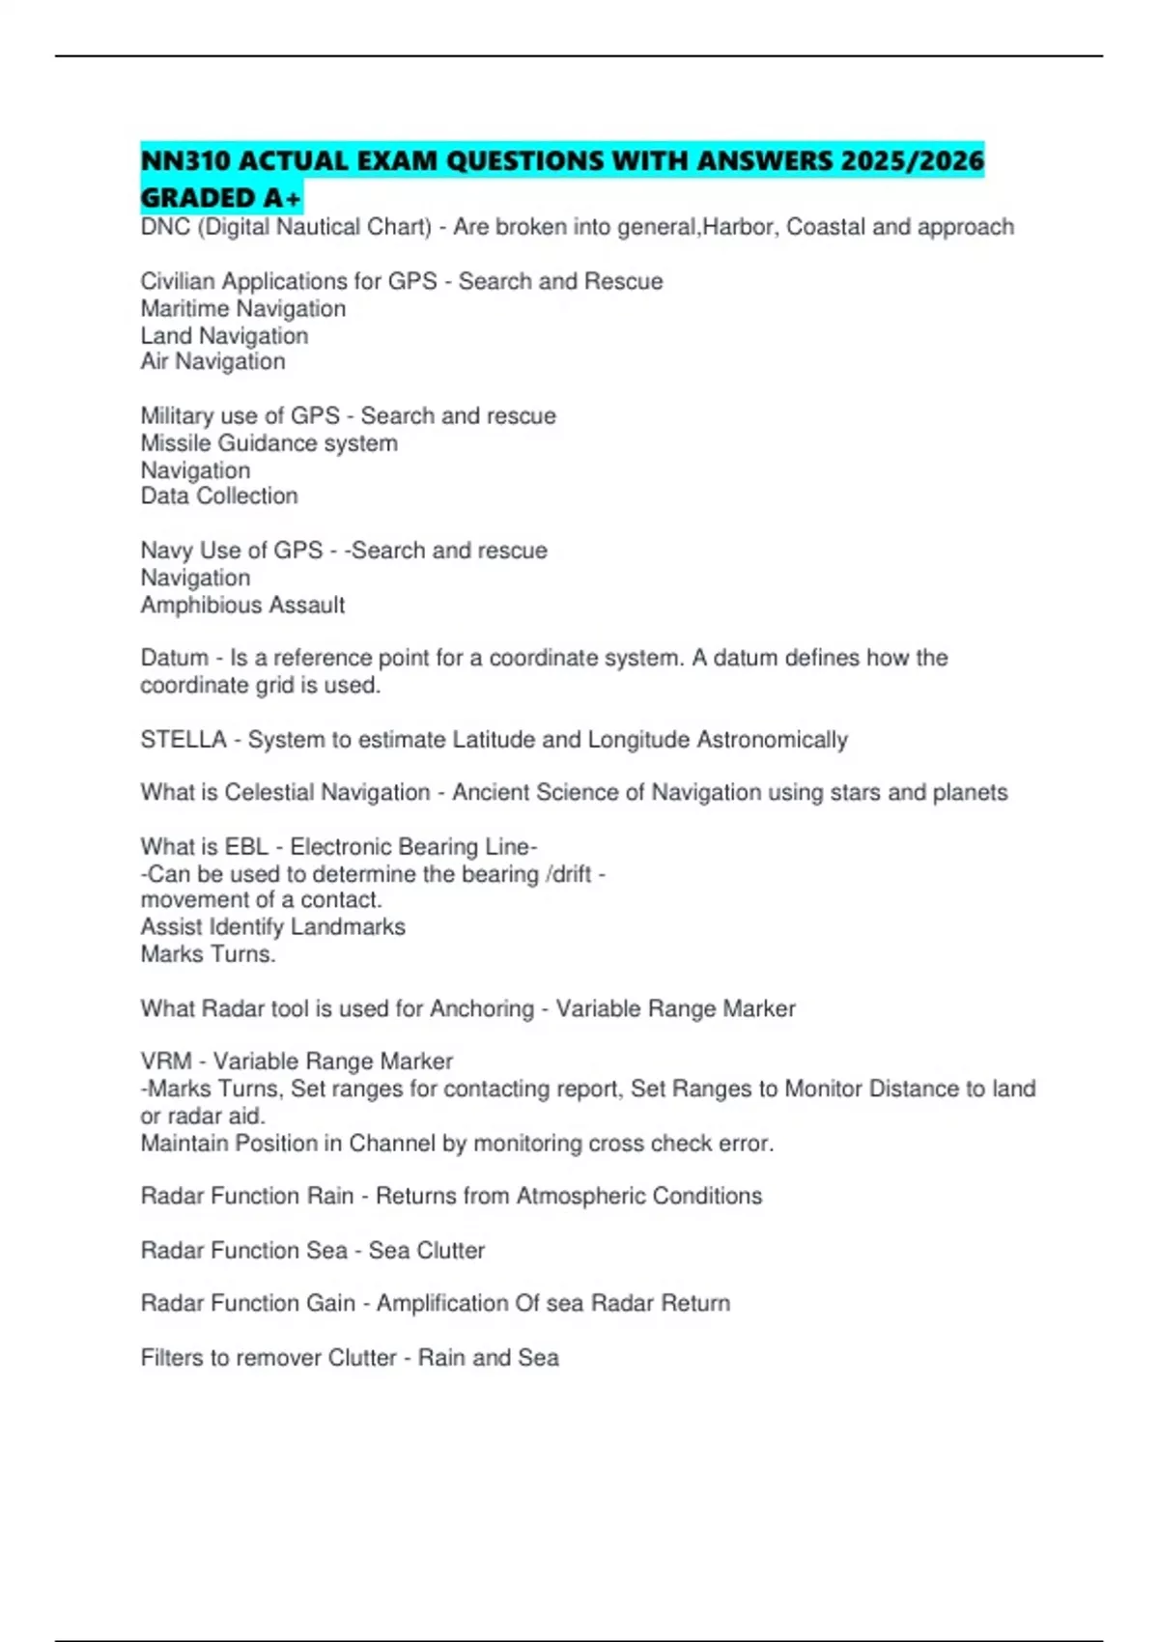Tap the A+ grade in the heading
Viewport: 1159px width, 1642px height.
(282, 198)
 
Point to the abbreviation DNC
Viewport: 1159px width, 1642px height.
(165, 227)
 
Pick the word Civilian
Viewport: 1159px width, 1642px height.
(178, 281)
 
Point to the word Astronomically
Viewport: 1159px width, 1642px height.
(772, 740)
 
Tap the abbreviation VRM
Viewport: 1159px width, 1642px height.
(166, 1062)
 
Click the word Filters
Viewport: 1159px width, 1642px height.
(171, 1358)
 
